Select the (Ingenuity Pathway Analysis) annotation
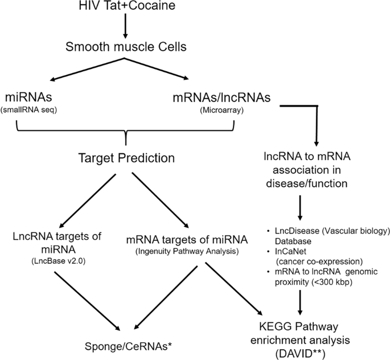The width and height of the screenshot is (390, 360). click(x=176, y=249)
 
